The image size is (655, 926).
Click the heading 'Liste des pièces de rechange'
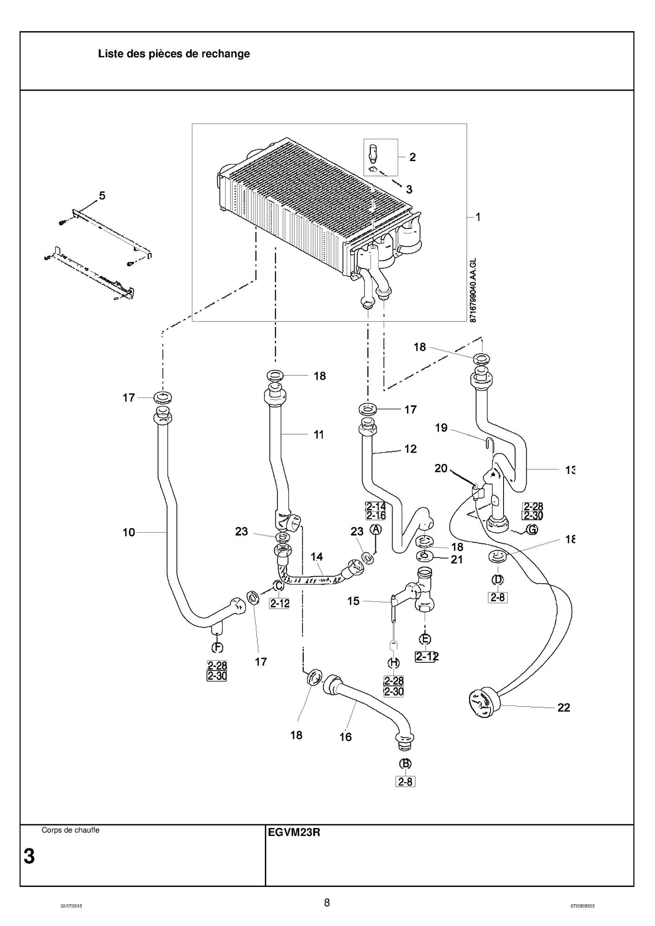click(x=174, y=54)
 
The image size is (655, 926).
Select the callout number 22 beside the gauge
click(x=563, y=707)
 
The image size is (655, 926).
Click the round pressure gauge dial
click(x=481, y=704)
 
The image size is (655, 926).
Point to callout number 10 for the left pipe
click(x=129, y=532)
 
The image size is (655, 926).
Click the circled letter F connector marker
click(x=217, y=647)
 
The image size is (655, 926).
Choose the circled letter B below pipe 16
click(x=406, y=763)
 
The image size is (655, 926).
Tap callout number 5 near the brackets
click(x=102, y=196)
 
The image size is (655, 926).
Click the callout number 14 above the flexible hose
click(x=317, y=556)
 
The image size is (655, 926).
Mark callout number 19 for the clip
click(x=441, y=427)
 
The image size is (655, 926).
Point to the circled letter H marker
click(x=393, y=663)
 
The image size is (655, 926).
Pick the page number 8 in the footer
click(x=327, y=903)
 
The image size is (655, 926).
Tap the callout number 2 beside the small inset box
click(x=413, y=157)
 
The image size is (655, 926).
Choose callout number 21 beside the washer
click(x=457, y=560)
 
